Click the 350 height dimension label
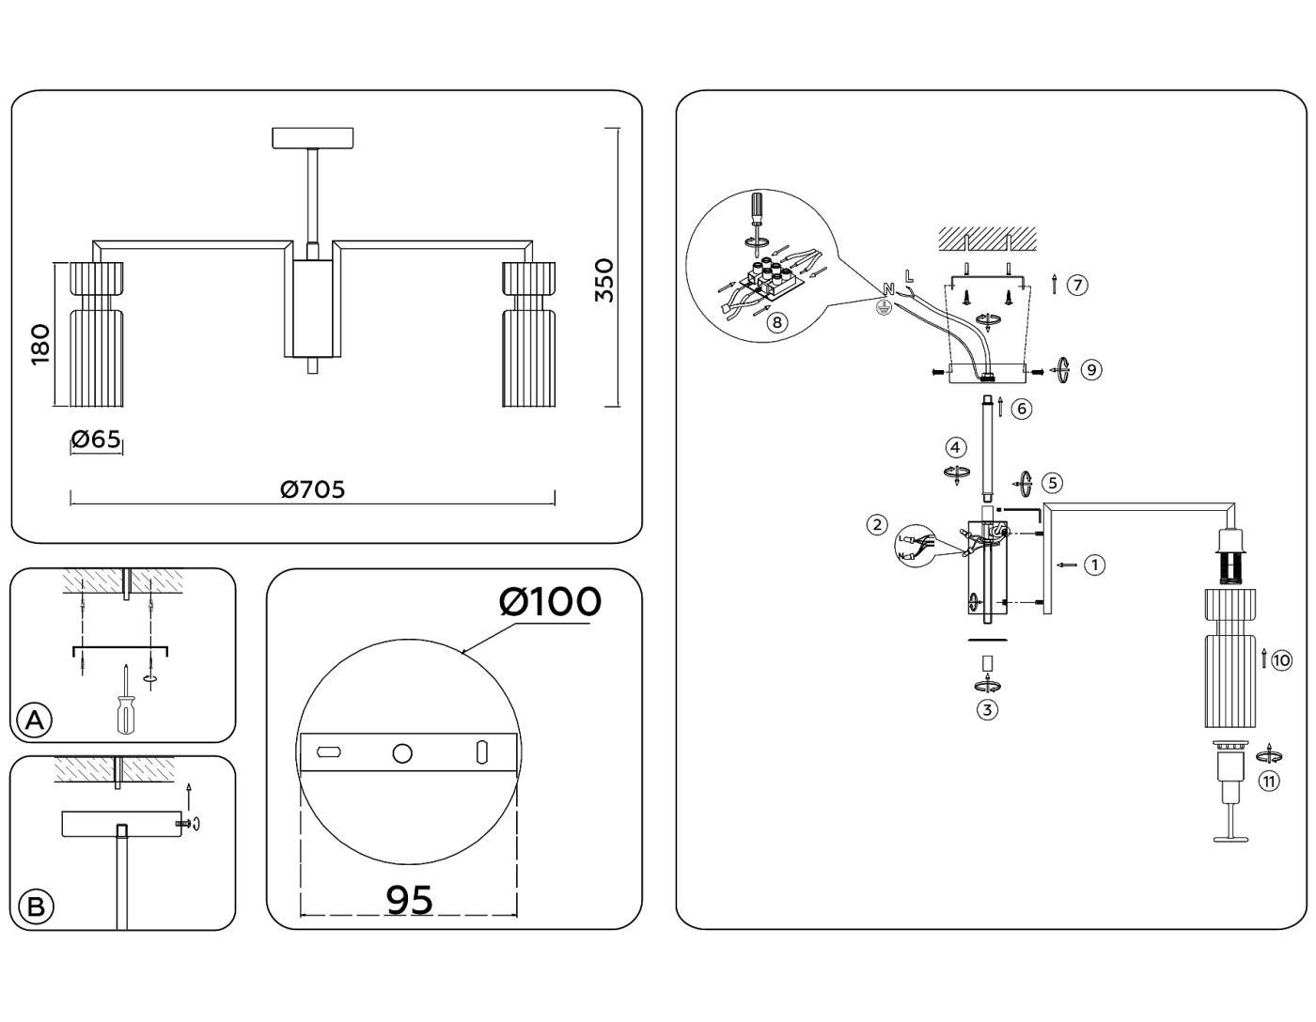603,280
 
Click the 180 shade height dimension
40,345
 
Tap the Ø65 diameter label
96,439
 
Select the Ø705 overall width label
312,488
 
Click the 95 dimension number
410,900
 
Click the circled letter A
35,720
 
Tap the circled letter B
36,907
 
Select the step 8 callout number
777,322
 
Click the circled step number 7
1077,285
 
